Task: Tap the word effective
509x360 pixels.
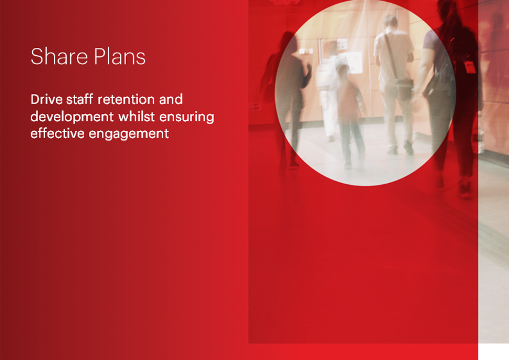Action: [x=57, y=133]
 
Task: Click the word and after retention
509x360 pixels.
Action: [x=170, y=99]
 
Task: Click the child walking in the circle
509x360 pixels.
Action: [x=350, y=115]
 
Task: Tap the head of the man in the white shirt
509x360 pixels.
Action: [x=391, y=23]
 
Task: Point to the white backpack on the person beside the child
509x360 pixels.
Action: [x=327, y=73]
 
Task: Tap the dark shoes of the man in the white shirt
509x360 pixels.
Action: [x=400, y=148]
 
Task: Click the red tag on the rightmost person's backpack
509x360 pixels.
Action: [x=470, y=66]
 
